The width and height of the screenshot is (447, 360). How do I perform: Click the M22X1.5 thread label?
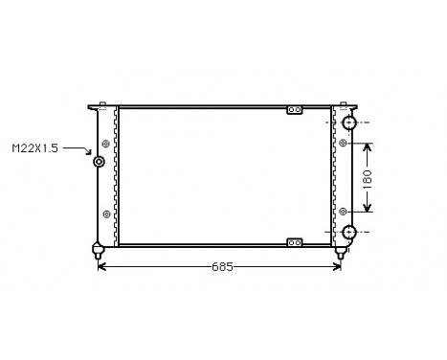pyautogui.click(x=34, y=148)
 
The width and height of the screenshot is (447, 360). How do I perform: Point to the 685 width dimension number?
pyautogui.click(x=221, y=266)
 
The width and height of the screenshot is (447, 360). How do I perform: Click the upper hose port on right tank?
pyautogui.click(x=349, y=124)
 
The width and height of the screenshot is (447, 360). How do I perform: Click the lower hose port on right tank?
pyautogui.click(x=349, y=232)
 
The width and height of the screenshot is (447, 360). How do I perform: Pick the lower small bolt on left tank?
pyautogui.click(x=104, y=213)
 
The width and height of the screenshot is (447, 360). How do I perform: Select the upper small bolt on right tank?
pyautogui.click(x=342, y=144)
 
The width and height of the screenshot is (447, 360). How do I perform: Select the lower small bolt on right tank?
pyautogui.click(x=342, y=212)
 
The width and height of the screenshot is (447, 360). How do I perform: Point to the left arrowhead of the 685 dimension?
pyautogui.click(x=102, y=266)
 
